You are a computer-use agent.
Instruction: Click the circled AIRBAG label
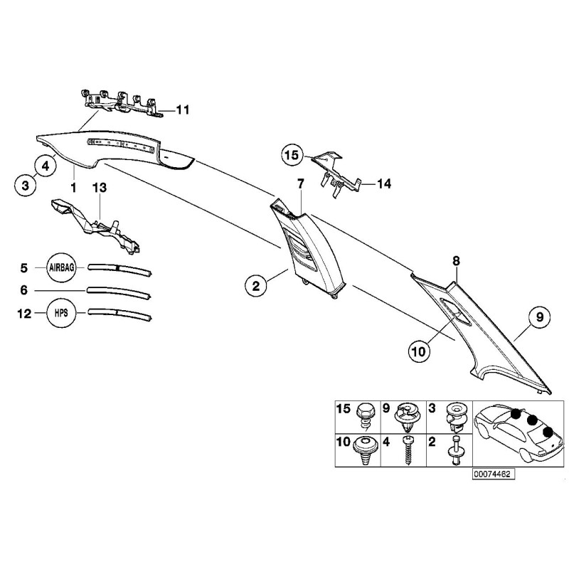(x=65, y=268)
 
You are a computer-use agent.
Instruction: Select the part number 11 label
(x=183, y=110)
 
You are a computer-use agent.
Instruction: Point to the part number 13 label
(x=100, y=188)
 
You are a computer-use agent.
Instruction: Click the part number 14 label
(x=384, y=184)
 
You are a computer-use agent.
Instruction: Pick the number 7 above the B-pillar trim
(x=301, y=184)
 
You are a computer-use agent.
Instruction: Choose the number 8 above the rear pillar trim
(x=456, y=262)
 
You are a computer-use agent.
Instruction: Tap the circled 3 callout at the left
(x=25, y=186)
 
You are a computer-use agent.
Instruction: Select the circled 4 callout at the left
(x=45, y=166)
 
